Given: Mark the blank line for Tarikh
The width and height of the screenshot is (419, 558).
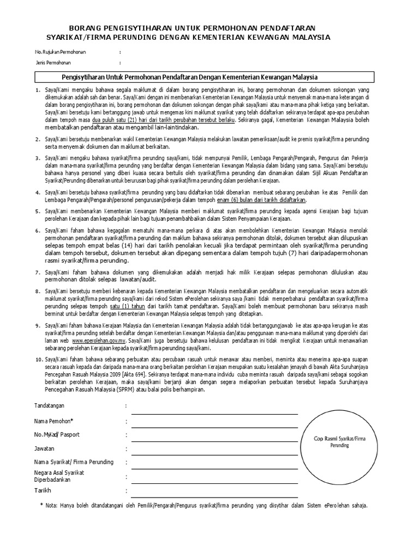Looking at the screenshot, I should (214, 497).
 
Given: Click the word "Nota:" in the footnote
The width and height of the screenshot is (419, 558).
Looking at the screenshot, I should (52, 505).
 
